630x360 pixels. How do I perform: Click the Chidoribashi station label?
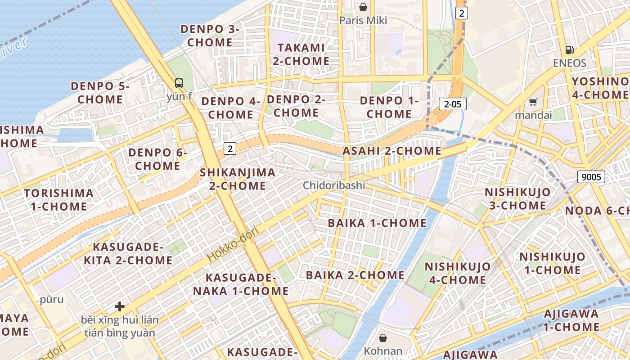pos(334,185)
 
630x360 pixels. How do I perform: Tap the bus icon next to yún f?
pos(179,83)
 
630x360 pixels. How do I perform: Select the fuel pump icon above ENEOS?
pos(570,49)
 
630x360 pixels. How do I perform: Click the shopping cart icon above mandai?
pos(533,102)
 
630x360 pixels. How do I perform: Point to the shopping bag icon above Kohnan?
pos(383,337)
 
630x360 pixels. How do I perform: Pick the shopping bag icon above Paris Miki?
pos(363,7)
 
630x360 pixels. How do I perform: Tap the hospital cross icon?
pos(120,306)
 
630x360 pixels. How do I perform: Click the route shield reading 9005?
pos(591,177)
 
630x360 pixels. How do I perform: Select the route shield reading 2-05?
pos(453,104)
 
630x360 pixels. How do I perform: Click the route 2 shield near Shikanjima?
pos(230,148)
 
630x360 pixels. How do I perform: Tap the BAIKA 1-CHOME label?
pos(377,223)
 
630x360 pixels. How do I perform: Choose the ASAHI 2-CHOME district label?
pos(392,151)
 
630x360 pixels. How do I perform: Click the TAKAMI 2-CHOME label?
pos(301,54)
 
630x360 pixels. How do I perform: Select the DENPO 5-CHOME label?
pos(99,92)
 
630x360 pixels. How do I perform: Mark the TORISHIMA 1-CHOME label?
pos(59,200)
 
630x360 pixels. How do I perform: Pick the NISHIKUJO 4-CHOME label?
pos(457,273)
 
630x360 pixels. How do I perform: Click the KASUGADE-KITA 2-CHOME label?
pos(128,253)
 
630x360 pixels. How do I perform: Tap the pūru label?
pos(52,299)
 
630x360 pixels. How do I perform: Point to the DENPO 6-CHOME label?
pos(157,159)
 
